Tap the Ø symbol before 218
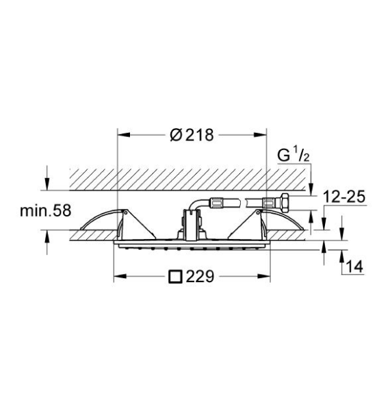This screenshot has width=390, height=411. click(x=174, y=136)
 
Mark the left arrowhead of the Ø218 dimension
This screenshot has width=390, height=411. click(x=122, y=136)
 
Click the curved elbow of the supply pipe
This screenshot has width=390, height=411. click(x=196, y=203)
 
